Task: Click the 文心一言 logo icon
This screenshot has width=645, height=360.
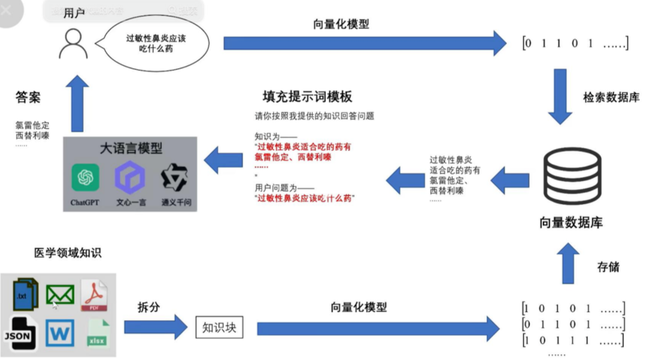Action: (x=130, y=178)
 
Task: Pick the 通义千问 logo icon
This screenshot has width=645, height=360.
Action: (x=175, y=178)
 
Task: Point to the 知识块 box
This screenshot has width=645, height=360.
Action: (x=219, y=328)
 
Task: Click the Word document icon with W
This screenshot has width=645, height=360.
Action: (x=60, y=332)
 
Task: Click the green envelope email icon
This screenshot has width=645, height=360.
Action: (x=60, y=295)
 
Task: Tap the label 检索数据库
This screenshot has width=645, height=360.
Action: (x=611, y=98)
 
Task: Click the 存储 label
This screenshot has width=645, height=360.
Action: (x=608, y=266)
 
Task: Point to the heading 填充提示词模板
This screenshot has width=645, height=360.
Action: (x=307, y=96)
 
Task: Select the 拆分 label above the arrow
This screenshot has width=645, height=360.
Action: (x=148, y=307)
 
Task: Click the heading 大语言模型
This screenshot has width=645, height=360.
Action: (x=130, y=148)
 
